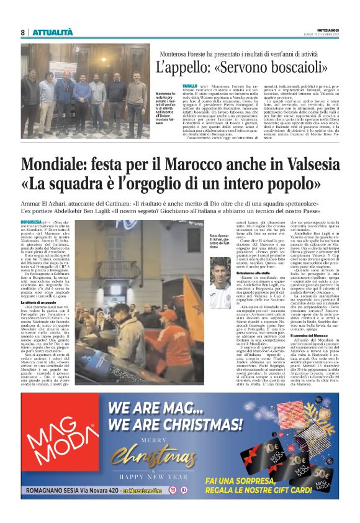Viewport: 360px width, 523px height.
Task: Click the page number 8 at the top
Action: pos(22,32)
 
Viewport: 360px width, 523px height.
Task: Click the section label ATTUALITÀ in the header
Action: pos(52,32)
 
